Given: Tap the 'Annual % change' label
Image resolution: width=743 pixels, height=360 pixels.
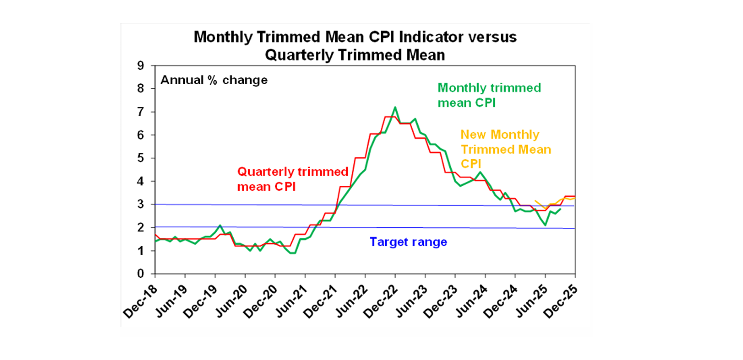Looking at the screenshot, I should [214, 80].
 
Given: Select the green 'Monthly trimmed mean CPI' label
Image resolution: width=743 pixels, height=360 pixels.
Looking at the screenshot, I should [489, 95].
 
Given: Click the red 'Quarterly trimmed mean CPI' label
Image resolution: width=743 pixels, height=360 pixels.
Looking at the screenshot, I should [292, 179].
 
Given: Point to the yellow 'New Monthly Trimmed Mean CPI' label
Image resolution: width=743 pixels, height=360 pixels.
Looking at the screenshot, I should [505, 149].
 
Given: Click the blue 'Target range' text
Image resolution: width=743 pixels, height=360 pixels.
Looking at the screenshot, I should [408, 242].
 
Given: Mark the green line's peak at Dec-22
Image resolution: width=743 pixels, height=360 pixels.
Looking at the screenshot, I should [395, 107].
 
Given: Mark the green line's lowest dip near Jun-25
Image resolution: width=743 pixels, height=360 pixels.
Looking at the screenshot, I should [545, 225].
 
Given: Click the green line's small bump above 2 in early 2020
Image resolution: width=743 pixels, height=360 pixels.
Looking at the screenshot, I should [220, 225].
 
